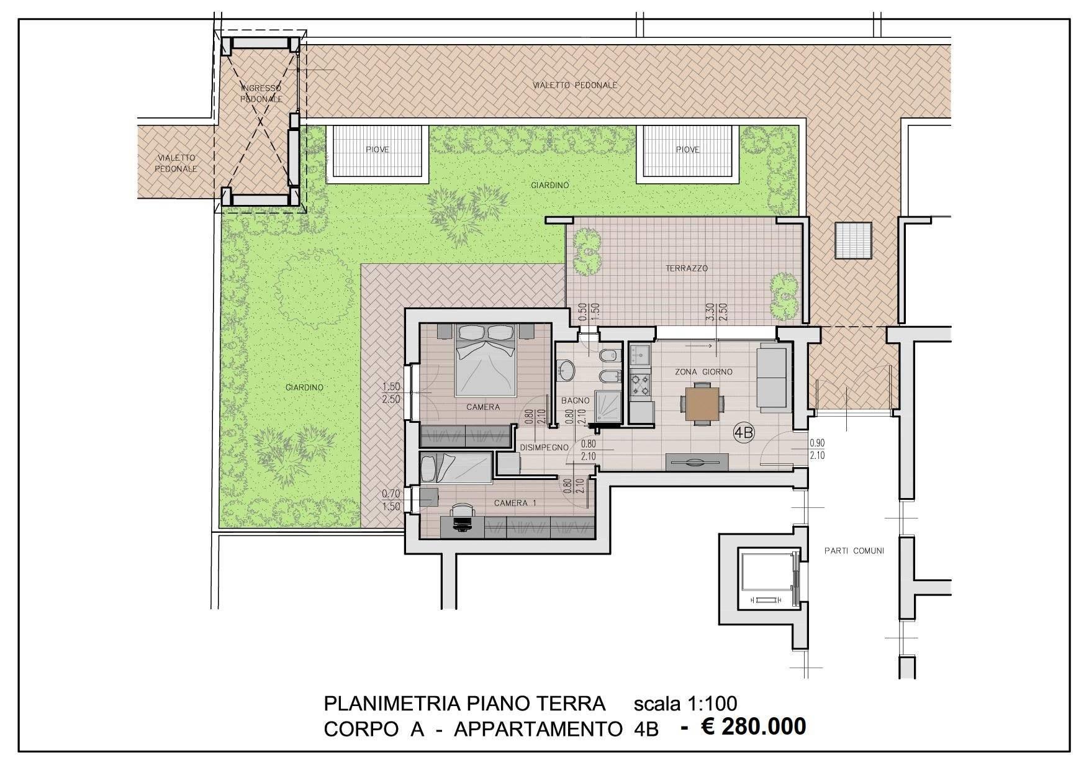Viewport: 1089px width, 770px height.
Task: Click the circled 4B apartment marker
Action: coord(743,433)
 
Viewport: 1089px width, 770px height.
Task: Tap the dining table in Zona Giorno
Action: coord(702,404)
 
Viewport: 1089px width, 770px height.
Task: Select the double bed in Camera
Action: coord(486,360)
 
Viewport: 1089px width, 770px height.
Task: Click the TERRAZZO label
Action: coord(687,269)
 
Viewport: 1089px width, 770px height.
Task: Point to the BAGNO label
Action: coord(575,401)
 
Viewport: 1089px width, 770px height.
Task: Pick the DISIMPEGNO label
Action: coord(544,447)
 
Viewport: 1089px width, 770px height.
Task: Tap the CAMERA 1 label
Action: coord(515,503)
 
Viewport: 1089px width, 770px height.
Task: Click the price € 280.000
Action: coord(753,726)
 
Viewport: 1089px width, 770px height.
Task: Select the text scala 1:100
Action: coord(685,704)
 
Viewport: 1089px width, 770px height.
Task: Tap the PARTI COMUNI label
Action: coord(854,551)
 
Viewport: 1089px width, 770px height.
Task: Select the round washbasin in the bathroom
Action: coord(566,370)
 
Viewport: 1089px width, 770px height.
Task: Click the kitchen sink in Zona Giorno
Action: coord(640,355)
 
